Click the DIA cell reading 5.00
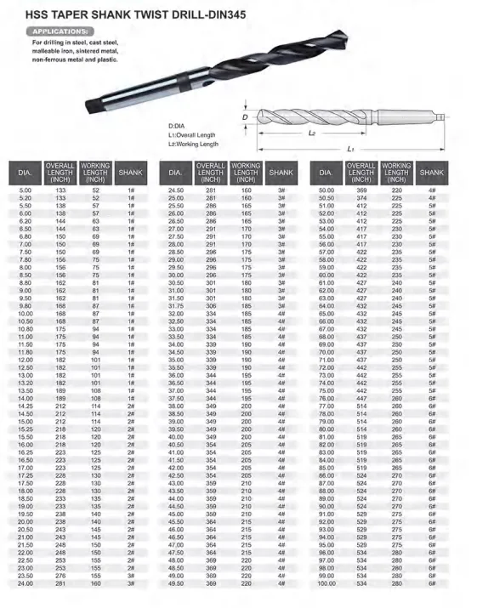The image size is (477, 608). click(x=25, y=190)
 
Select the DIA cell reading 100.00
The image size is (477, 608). click(x=327, y=584)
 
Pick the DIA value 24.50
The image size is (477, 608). click(x=176, y=190)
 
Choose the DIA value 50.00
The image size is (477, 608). click(x=327, y=190)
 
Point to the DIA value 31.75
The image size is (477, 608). click(x=176, y=305)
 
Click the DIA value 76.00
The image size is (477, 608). click(x=327, y=398)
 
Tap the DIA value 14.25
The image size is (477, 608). click(x=25, y=406)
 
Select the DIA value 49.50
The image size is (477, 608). click(x=176, y=584)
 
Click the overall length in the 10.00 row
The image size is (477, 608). click(x=60, y=314)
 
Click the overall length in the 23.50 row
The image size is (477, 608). click(x=60, y=576)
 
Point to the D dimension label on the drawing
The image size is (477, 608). click(x=244, y=117)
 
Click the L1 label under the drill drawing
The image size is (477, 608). click(x=350, y=149)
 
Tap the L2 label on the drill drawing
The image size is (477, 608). click(x=312, y=134)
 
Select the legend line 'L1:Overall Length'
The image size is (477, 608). click(x=192, y=134)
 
